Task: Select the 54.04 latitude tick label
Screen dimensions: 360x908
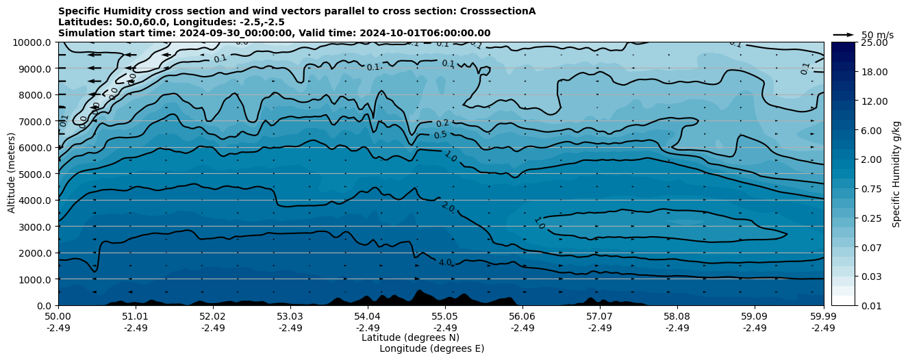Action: pos(368,317)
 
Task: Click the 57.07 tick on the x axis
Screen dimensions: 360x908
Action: pos(600,317)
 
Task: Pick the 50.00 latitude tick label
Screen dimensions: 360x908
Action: pos(58,317)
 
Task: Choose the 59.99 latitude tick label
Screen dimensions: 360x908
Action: pos(823,317)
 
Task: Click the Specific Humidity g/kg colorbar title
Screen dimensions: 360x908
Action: pos(896,174)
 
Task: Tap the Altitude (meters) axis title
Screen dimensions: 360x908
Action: pos(12,174)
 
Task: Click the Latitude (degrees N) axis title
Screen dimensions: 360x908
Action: pos(410,337)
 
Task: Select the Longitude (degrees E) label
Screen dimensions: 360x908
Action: pos(431,348)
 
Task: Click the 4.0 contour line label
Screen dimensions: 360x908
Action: pos(445,262)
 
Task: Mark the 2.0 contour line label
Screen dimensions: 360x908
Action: pos(447,206)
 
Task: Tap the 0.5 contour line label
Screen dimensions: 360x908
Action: pos(440,135)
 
